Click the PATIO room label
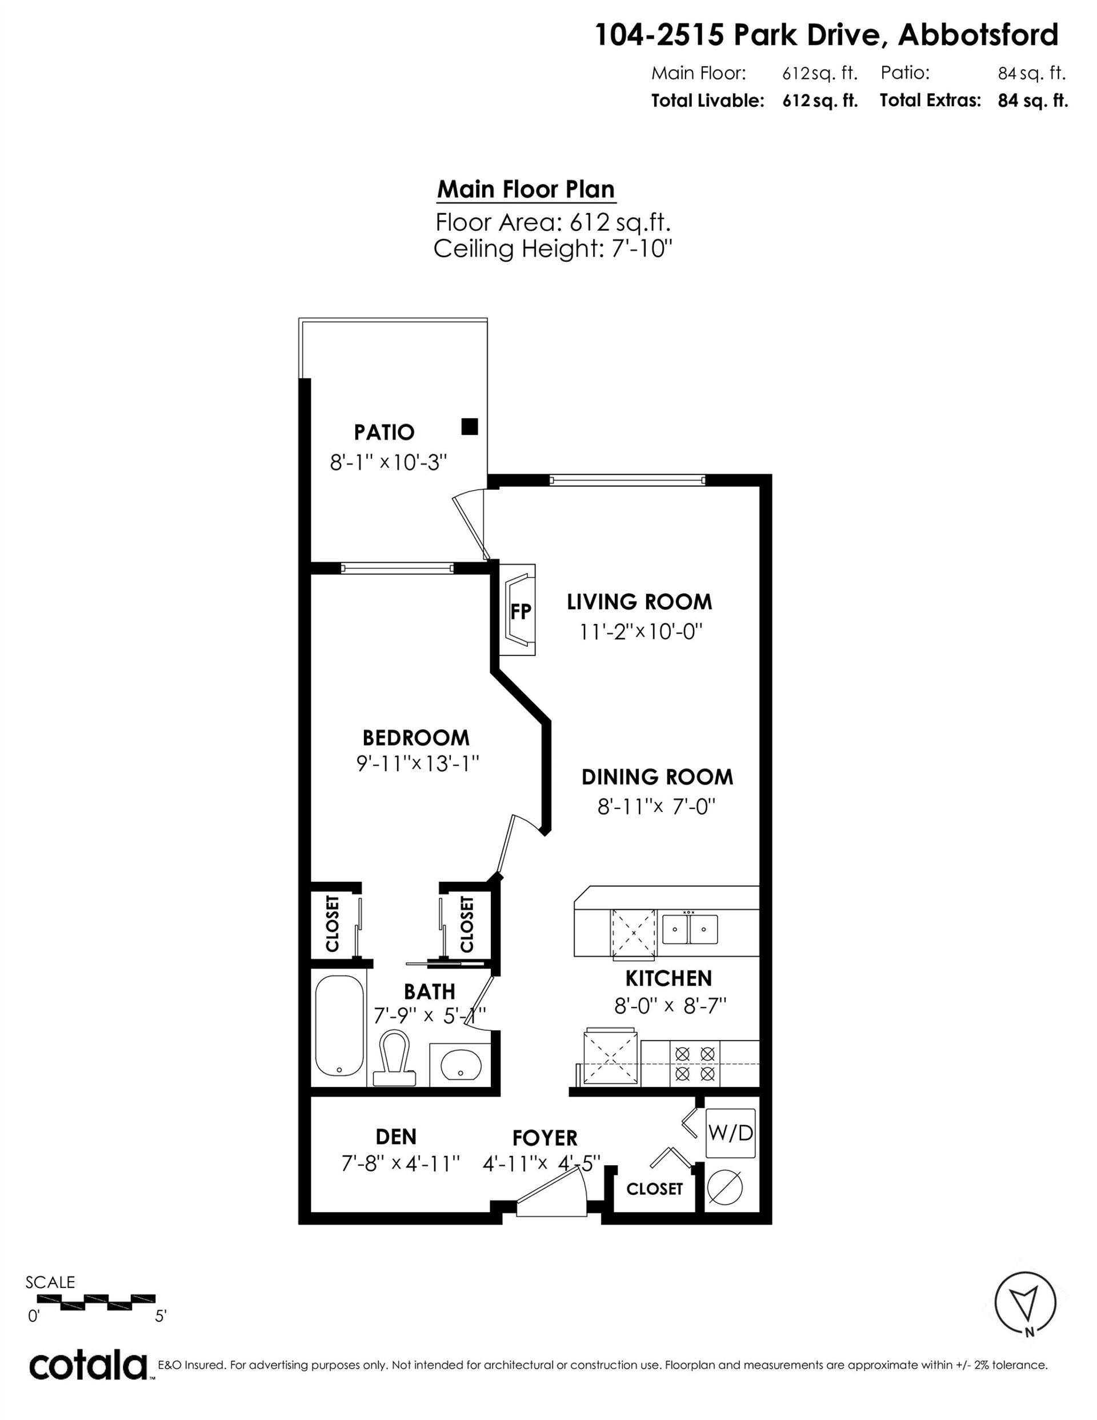(383, 432)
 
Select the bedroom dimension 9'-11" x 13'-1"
(418, 763)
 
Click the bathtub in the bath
(339, 1029)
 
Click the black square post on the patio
(470, 426)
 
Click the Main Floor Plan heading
(526, 189)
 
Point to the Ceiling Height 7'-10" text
(552, 249)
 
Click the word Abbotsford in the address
(978, 35)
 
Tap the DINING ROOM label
(656, 777)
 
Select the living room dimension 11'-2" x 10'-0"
(642, 631)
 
